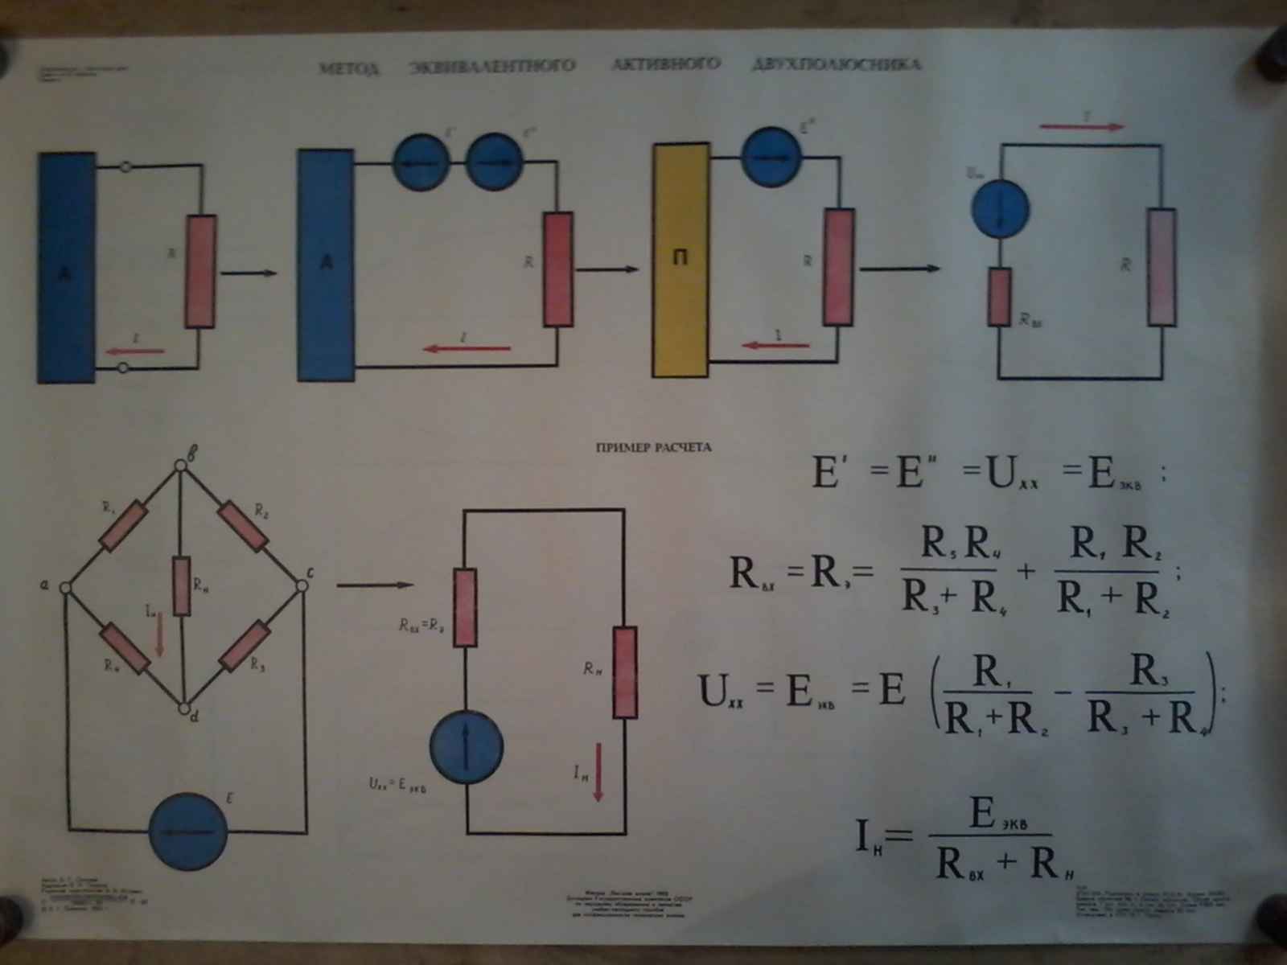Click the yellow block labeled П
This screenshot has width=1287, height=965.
680,259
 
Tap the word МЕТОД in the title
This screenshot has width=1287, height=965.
348,68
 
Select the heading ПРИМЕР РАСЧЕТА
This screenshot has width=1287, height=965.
653,448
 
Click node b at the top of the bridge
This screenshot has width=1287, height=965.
181,464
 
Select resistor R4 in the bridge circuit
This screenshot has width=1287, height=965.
125,649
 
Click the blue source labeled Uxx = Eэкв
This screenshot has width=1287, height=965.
467,745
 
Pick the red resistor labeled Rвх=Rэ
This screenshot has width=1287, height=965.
465,608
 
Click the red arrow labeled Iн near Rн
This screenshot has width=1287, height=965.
598,772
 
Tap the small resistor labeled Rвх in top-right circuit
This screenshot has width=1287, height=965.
999,297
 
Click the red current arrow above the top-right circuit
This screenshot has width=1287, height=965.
1082,126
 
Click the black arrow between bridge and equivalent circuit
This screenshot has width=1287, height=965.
374,585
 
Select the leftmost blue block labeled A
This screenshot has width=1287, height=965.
66,267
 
